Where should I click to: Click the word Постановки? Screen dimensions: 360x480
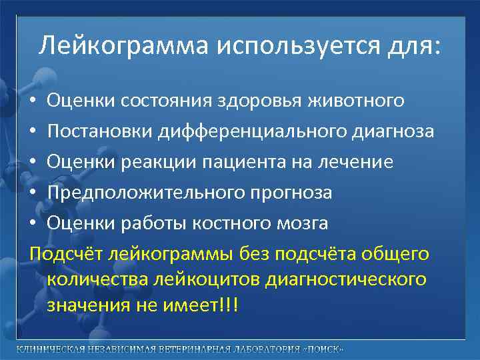[100, 132]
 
